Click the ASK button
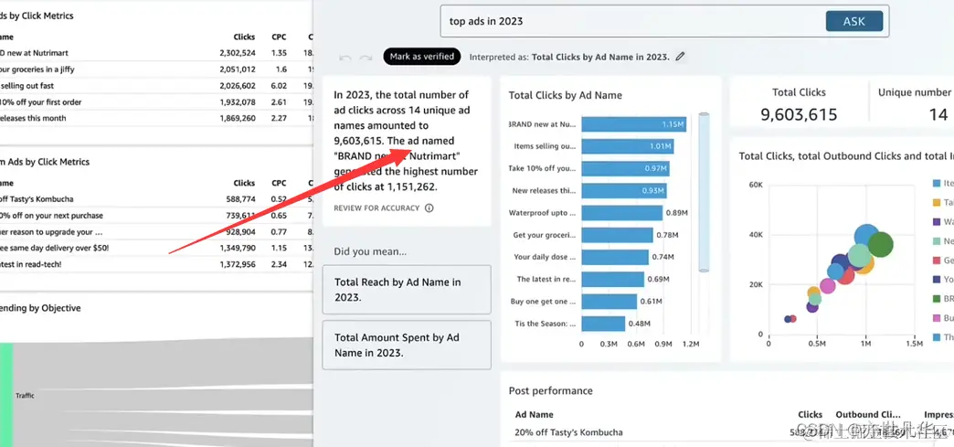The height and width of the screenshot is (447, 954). coord(853,21)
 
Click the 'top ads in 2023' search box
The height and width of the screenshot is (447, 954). coord(631,21)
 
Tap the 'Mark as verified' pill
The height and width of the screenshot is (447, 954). coord(421,57)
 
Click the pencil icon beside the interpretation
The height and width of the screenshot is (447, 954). coord(680,57)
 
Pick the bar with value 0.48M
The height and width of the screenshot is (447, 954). coord(603,323)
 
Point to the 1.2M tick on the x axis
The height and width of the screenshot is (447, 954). coord(691,345)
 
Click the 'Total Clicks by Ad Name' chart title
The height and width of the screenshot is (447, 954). coord(565,95)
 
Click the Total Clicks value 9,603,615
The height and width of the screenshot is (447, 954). coord(799,114)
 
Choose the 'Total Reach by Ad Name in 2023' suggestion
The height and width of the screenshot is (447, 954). coord(407,290)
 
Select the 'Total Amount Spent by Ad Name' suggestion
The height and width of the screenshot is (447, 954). coord(407,345)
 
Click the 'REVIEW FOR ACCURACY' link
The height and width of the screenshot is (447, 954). coord(376,208)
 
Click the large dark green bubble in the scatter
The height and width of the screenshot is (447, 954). coord(880,244)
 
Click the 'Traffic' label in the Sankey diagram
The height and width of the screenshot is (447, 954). coord(25,396)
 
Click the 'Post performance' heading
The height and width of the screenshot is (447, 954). coord(550,391)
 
